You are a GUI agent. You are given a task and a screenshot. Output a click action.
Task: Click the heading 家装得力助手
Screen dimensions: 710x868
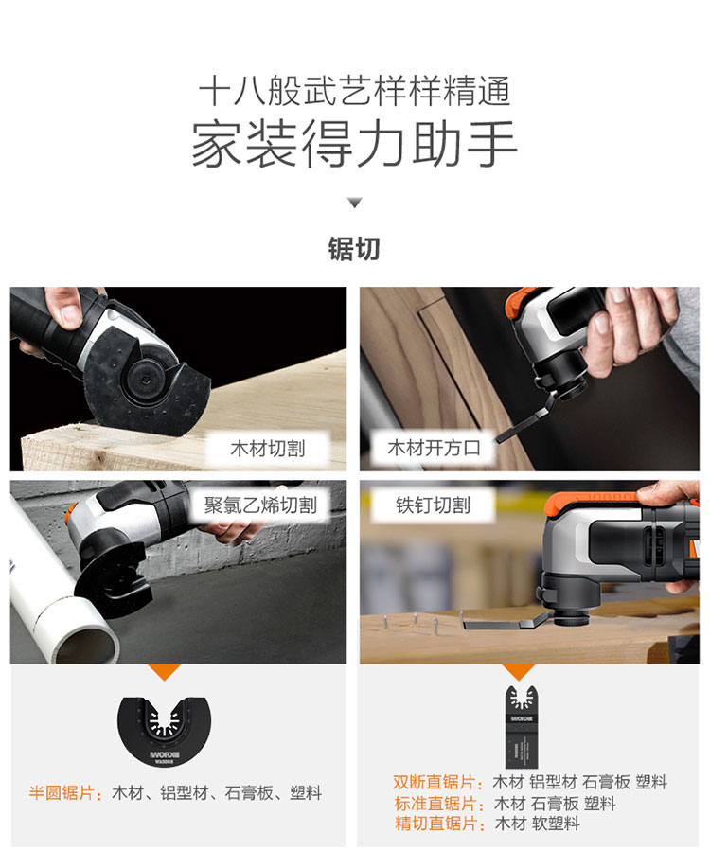354,144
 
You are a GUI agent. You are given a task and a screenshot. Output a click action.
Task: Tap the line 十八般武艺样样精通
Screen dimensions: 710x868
354,90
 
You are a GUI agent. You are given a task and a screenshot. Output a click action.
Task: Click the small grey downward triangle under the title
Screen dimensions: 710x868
354,203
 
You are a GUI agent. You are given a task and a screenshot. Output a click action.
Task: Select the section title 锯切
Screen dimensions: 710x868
354,249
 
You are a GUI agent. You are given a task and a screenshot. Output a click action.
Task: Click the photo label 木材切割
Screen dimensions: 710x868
268,449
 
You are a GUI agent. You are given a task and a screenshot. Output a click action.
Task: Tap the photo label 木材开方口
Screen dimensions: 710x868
434,448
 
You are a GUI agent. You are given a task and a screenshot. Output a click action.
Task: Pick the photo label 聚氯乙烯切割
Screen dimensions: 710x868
260,505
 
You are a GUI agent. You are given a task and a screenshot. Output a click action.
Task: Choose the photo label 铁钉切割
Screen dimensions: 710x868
433,505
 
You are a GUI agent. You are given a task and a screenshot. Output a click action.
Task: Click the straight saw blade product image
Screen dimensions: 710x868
522,726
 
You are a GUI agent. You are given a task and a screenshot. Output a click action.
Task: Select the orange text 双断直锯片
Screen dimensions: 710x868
434,782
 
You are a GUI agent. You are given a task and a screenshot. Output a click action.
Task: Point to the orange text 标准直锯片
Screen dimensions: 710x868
435,804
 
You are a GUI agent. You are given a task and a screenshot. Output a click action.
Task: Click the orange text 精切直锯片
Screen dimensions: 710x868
435,824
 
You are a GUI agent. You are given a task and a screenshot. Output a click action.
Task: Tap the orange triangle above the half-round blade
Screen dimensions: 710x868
164,671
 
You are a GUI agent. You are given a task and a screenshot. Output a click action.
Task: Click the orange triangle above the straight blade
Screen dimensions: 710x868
519,671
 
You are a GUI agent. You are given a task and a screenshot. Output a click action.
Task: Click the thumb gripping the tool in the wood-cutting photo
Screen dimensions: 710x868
65,308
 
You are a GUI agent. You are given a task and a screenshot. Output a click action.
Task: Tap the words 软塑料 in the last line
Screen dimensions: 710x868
556,824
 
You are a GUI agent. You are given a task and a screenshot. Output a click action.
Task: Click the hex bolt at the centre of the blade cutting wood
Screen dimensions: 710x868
146,380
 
